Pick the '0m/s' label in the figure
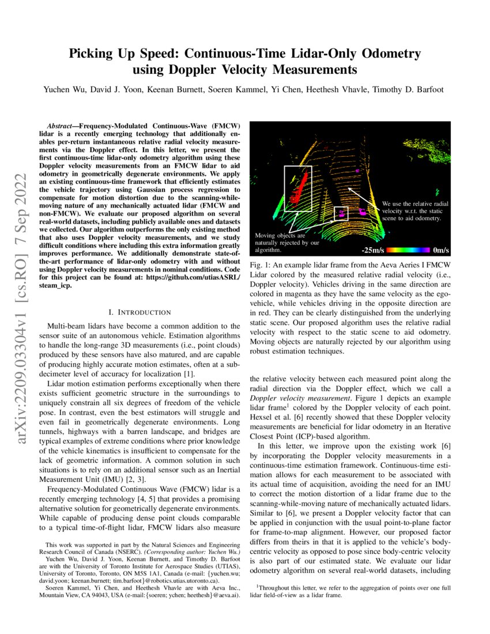tap(440, 251)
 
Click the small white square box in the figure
tap(341, 213)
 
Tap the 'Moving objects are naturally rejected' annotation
tap(287, 243)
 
